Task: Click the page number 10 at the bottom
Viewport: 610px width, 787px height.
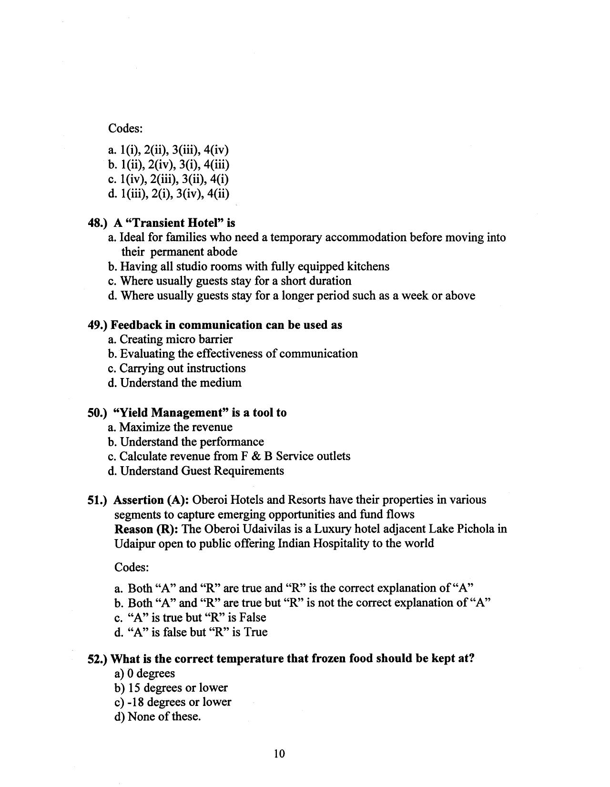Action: click(x=279, y=754)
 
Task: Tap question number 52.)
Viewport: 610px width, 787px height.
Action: click(x=98, y=659)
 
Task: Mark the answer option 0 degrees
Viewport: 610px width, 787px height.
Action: click(x=151, y=674)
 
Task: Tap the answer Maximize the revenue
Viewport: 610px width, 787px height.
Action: click(x=175, y=427)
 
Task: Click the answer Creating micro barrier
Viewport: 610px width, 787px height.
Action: click(x=175, y=339)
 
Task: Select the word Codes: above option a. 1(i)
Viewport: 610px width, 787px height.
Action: click(x=126, y=129)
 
